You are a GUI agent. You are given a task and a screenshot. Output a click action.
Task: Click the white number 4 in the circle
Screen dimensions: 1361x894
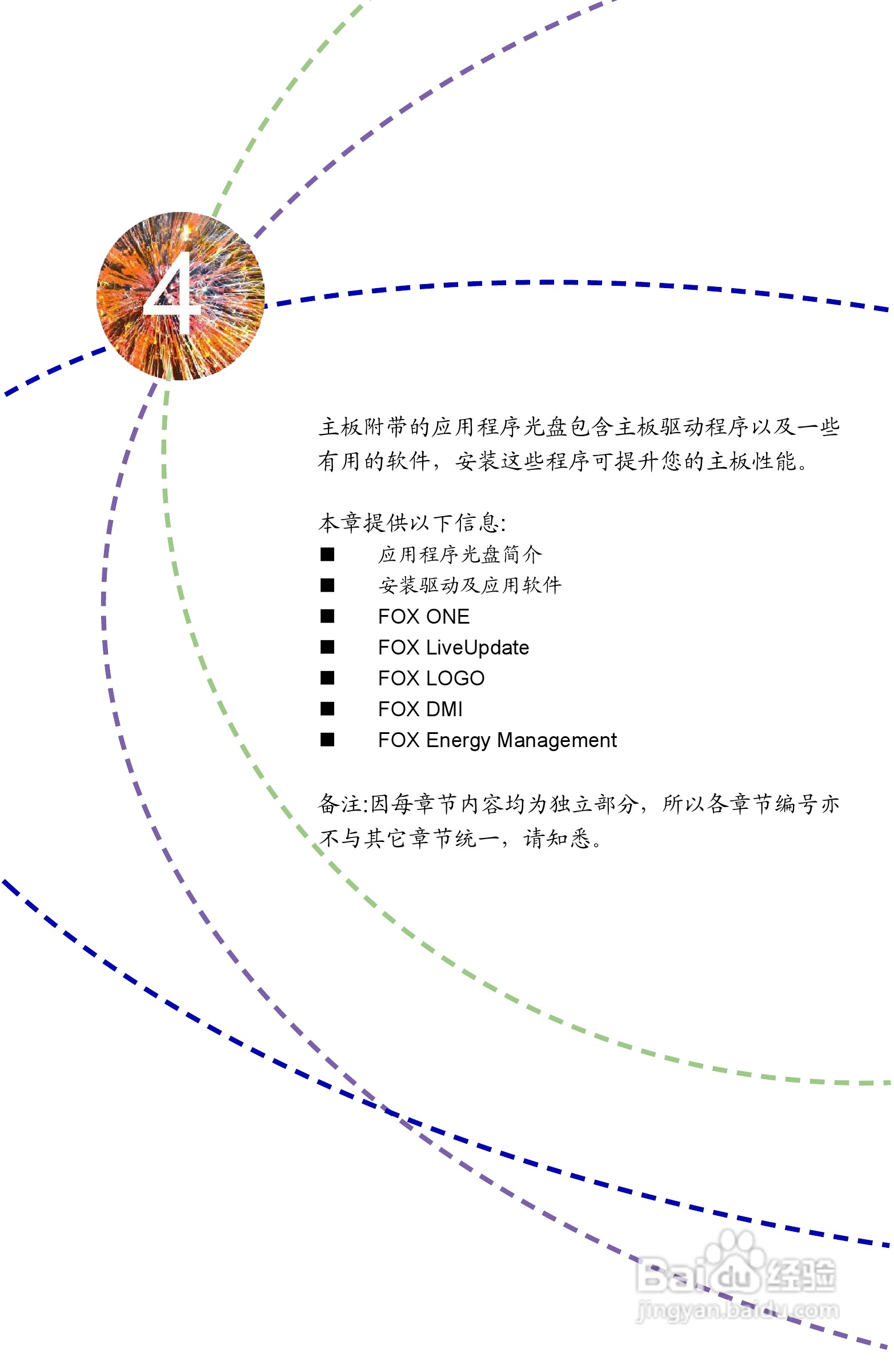(x=171, y=293)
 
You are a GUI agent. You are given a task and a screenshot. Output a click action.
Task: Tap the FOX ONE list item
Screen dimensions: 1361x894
(x=423, y=616)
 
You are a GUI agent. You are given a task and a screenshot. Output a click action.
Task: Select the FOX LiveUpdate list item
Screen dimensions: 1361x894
(x=454, y=647)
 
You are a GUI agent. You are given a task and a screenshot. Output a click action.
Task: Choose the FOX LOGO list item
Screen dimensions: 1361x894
(x=431, y=678)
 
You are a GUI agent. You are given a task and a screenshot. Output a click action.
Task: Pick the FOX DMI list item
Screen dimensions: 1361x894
(x=420, y=709)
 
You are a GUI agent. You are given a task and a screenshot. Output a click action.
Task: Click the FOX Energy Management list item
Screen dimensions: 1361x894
(x=497, y=740)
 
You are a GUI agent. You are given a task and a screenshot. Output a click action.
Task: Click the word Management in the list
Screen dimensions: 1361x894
(x=557, y=740)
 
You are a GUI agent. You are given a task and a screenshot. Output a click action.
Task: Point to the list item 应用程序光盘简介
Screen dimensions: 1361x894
(x=460, y=554)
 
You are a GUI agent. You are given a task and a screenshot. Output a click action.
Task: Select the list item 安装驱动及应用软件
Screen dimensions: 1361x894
(x=470, y=585)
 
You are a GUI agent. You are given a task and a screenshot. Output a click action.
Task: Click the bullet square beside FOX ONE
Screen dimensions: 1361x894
(x=327, y=616)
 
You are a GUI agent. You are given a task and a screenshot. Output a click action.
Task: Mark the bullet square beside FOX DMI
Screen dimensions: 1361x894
(x=327, y=709)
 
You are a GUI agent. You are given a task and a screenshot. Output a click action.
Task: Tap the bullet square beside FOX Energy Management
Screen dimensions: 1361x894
(x=327, y=740)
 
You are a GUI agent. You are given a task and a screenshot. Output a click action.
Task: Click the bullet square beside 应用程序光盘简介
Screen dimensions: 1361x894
(x=327, y=554)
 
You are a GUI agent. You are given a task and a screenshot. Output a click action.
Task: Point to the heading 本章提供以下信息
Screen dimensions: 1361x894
(x=411, y=522)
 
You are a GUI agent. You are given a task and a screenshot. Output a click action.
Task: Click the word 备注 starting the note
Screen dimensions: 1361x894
(x=339, y=804)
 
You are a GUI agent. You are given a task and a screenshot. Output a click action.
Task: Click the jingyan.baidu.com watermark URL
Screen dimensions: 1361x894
(x=737, y=1309)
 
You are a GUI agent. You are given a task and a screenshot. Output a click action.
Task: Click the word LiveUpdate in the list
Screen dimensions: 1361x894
(x=478, y=647)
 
